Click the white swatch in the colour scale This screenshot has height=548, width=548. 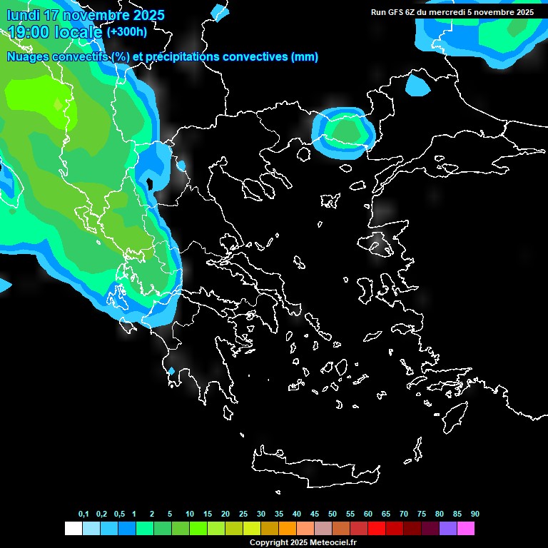point(73,528)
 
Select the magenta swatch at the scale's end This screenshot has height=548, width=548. point(466,528)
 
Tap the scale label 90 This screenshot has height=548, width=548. point(475,514)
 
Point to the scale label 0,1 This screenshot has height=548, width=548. point(83,514)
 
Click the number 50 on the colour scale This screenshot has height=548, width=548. point(333,514)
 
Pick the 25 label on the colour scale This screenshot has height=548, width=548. point(243,514)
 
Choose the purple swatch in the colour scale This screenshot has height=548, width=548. point(448,528)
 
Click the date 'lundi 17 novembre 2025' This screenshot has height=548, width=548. point(86,15)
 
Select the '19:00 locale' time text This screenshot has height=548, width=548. point(56,32)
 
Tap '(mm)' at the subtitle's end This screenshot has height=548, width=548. point(305,57)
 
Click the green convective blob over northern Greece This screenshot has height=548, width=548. point(347,130)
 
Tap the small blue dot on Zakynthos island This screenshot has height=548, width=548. point(171,371)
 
